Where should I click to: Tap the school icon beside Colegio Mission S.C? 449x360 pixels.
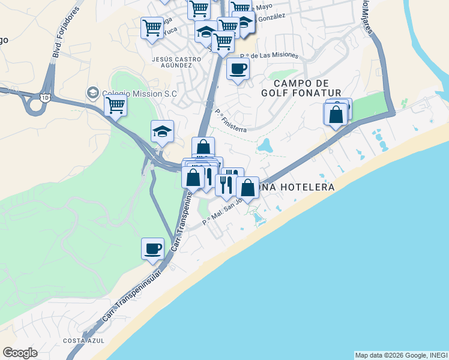point(93,93)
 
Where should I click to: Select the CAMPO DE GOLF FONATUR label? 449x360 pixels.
point(301,88)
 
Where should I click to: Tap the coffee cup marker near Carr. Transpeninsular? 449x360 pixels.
point(153,247)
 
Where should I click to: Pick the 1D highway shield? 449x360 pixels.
point(44,97)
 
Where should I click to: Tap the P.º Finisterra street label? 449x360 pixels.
point(231,118)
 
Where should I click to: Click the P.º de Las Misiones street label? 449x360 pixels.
point(268,55)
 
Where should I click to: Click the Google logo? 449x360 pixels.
point(20,353)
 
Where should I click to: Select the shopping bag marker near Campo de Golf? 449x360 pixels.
point(336,114)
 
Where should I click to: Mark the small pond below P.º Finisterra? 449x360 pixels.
point(265,145)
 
